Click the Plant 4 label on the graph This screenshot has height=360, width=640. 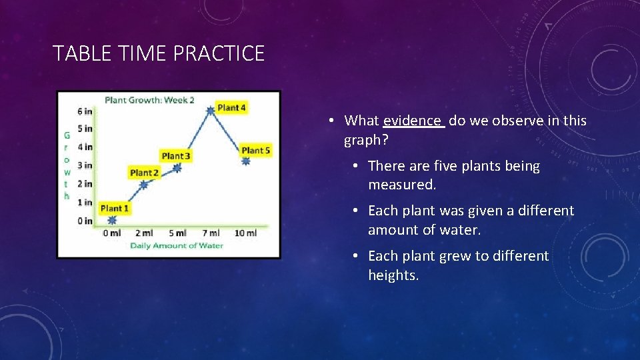pos(231,107)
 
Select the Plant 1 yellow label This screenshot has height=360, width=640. pos(115,209)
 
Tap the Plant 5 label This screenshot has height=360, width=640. pos(256,151)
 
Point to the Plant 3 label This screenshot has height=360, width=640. pos(176,156)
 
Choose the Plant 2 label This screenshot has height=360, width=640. pos(144,173)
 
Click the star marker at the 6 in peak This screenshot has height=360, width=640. pos(211,111)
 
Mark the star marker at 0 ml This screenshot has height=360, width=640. pos(111,220)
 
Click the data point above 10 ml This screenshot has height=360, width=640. pos(245,161)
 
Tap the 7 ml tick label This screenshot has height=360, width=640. pos(210,233)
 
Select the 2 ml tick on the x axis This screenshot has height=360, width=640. pos(143,233)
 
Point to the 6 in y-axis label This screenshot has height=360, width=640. pos(85,111)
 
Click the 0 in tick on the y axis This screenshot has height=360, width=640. pos(85,221)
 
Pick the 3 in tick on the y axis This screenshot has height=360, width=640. pos(85,165)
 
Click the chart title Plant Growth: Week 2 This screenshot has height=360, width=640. pos(149,100)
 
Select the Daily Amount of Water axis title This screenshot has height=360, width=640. pos(177,245)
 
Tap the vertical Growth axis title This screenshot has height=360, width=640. pos(67,165)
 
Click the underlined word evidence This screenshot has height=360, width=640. pos(412,121)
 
